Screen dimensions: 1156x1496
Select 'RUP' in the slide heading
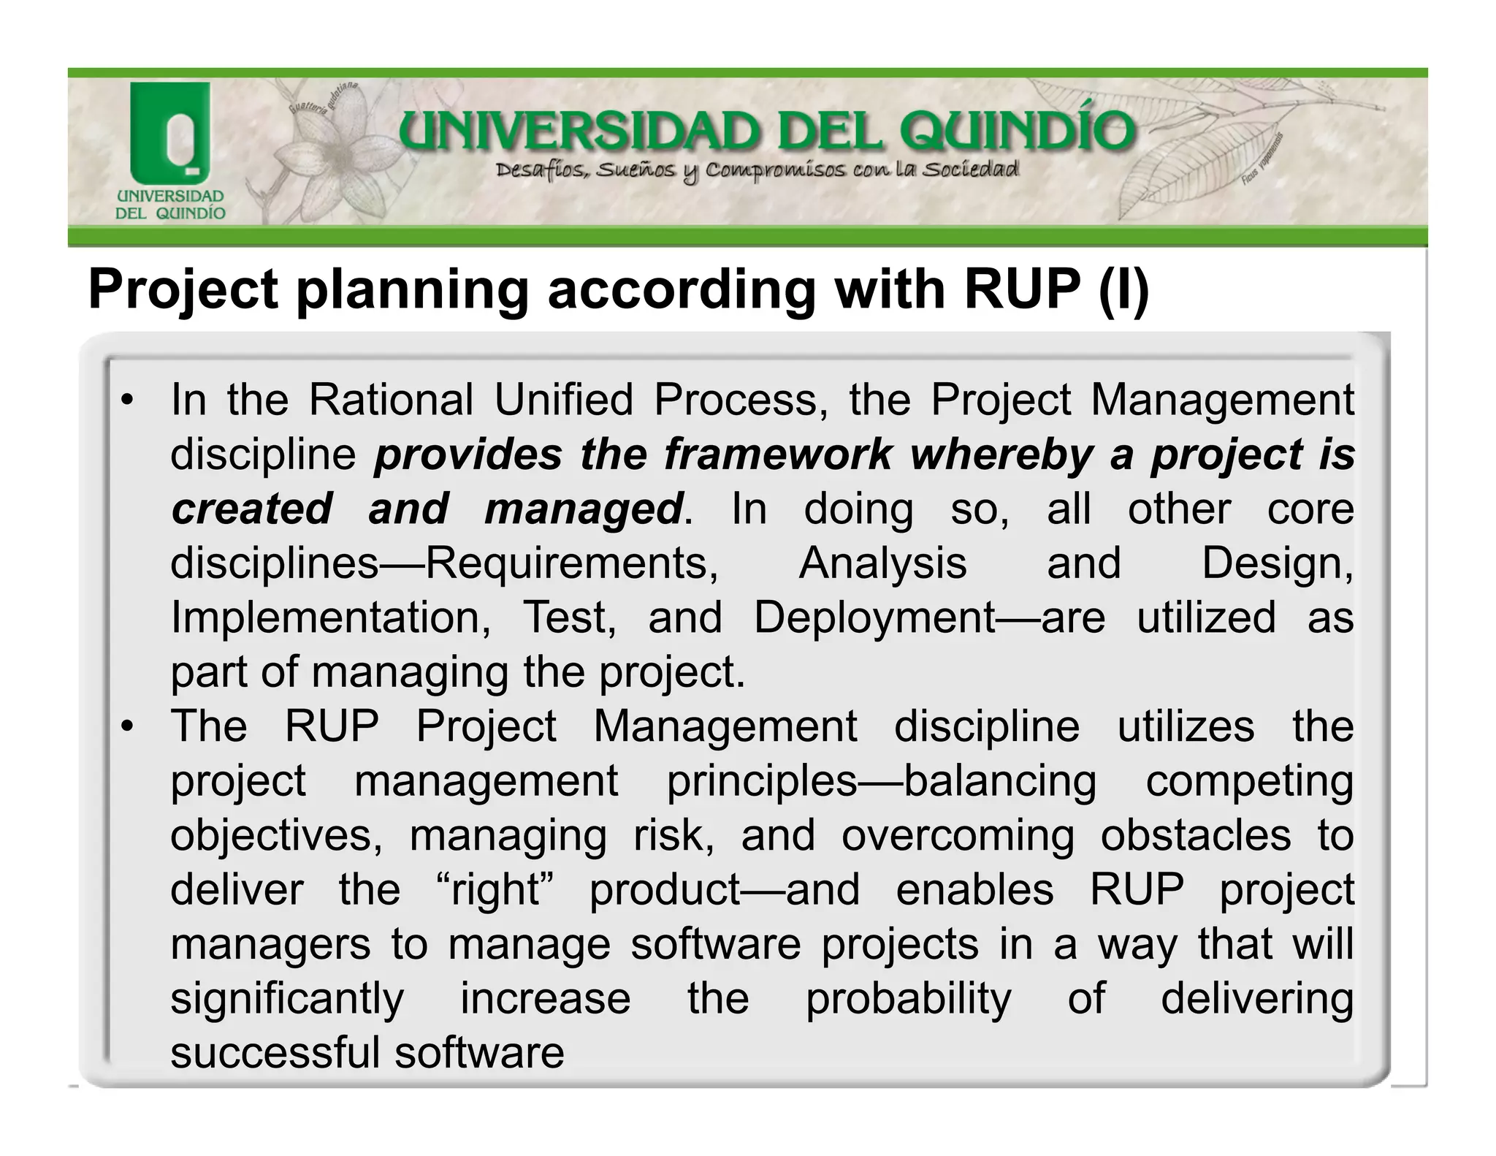tap(1021, 289)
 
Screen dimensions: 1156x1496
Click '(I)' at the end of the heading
tap(1123, 289)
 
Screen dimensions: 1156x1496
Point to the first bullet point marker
tap(128, 400)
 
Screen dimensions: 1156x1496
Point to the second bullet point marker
tap(128, 726)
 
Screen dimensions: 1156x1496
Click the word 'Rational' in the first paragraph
tap(391, 400)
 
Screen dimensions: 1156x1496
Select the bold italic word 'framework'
tap(778, 455)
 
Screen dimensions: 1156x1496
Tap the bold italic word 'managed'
tap(584, 509)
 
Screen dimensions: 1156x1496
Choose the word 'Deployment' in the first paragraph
tap(874, 617)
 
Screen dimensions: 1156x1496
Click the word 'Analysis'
tap(882, 563)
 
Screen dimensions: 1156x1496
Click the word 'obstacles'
tap(1195, 835)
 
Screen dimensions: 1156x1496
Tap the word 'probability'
tap(908, 999)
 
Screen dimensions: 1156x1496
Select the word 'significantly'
tap(287, 999)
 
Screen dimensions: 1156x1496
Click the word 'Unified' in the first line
tap(563, 400)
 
